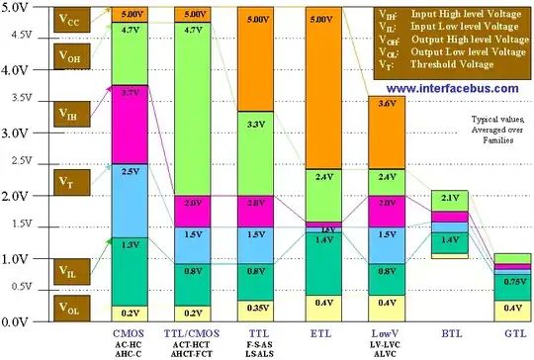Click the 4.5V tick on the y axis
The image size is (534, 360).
click(x=17, y=34)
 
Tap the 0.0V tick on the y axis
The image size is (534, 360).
click(x=17, y=322)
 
